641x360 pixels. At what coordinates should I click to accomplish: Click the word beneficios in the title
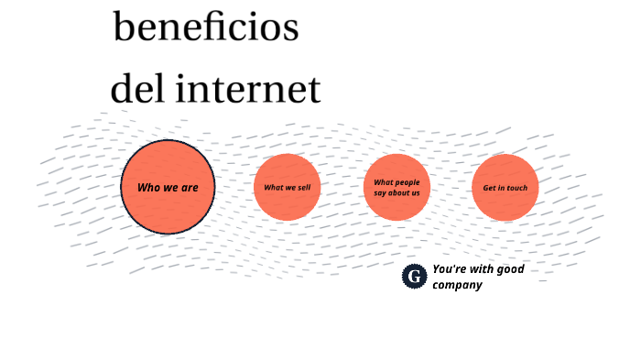(x=206, y=27)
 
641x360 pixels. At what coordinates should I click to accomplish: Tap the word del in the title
(x=138, y=90)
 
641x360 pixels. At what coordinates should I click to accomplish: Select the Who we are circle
(x=168, y=187)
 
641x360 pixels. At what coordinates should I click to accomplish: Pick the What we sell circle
(x=287, y=187)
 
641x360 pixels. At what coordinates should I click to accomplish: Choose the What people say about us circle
(x=397, y=187)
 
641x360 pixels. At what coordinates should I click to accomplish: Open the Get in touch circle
(x=505, y=187)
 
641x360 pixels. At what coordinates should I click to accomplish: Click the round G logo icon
(x=415, y=276)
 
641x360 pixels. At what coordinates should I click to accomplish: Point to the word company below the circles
(x=457, y=285)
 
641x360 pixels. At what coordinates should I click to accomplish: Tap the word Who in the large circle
(x=148, y=188)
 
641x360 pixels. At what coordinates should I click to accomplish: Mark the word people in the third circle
(x=407, y=182)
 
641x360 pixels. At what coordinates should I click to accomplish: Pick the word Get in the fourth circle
(x=490, y=188)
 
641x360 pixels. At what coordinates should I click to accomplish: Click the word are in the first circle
(x=189, y=188)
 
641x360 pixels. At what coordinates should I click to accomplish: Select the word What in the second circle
(x=274, y=188)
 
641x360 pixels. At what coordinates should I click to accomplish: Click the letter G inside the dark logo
(x=415, y=276)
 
